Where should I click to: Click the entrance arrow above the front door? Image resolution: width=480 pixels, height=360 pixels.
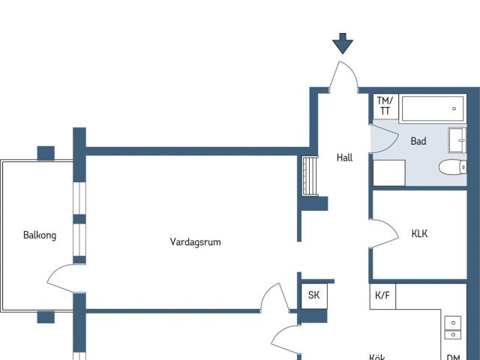[x=343, y=43]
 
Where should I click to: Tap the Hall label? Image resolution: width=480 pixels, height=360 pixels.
[x=344, y=157]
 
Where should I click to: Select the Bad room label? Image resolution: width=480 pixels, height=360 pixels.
[x=418, y=141]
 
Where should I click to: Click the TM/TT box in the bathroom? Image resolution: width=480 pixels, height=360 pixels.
[x=385, y=106]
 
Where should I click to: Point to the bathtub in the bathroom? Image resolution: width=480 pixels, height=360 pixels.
[x=433, y=109]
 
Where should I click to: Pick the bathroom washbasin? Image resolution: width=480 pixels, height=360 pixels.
[x=458, y=140]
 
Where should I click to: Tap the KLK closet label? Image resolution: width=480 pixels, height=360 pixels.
[x=419, y=234]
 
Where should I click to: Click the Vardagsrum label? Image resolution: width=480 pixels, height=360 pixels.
[x=195, y=241]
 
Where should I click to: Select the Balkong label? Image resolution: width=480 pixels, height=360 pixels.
[x=40, y=235]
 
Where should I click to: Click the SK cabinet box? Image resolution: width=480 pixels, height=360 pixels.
[x=313, y=295]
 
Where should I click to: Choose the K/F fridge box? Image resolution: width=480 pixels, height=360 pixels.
[x=382, y=295]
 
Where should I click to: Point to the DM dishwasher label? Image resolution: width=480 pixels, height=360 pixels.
[x=453, y=358]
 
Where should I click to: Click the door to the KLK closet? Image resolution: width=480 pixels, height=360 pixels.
[x=385, y=233]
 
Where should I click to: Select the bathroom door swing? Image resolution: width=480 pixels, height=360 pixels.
[x=385, y=140]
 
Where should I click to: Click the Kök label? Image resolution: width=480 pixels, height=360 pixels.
[x=377, y=357]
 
